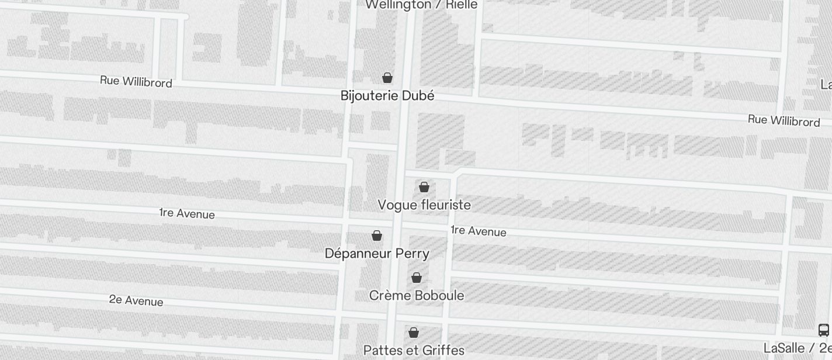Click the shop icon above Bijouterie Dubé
387,78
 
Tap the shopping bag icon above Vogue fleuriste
424,187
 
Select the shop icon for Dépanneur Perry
377,236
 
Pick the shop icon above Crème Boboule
417,278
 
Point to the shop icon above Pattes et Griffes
414,333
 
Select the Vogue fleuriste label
424,205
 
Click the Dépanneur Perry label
377,254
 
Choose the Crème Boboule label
417,296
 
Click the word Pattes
382,351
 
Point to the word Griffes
442,351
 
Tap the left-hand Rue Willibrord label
136,81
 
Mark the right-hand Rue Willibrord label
784,121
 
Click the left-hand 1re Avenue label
187,214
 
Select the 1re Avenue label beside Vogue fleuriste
479,231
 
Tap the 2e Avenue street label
136,301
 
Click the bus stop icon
824,330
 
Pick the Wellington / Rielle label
421,5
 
